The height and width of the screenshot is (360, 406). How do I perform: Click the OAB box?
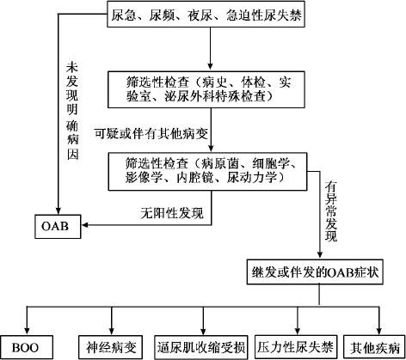point(58,226)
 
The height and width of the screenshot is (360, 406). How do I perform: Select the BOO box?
point(27,348)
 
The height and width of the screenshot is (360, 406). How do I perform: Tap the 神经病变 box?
point(111,348)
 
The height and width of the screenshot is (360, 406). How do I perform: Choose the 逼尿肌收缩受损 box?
point(201,348)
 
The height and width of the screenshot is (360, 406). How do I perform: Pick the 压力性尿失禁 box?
point(295,347)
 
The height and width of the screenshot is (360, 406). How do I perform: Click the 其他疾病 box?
point(374,348)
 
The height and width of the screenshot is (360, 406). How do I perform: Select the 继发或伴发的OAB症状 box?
point(315,272)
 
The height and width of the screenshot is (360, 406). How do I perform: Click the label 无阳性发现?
point(172,213)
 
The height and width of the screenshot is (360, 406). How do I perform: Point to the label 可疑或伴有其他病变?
point(151,133)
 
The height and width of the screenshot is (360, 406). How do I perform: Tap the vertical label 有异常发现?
point(330,211)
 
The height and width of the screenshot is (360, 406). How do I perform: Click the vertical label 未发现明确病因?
point(72,111)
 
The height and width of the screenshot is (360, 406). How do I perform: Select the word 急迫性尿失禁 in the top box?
point(264,15)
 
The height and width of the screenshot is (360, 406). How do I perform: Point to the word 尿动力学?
point(252,178)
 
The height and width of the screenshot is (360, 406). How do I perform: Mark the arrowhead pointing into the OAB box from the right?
point(85,225)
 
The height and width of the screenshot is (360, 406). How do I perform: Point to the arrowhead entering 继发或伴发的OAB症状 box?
point(320,256)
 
